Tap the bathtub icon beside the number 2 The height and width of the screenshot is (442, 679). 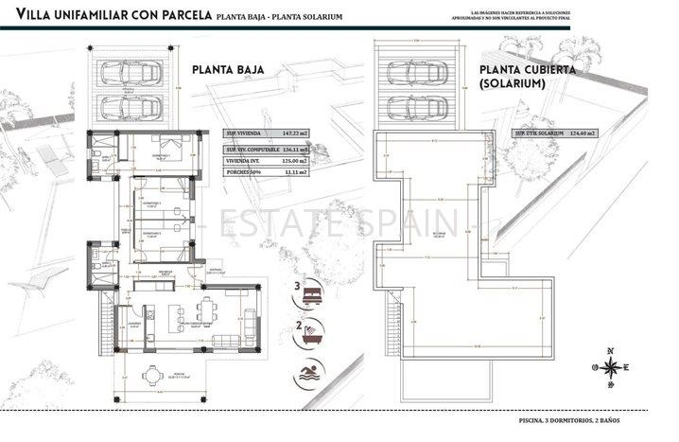(x=307, y=329)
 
